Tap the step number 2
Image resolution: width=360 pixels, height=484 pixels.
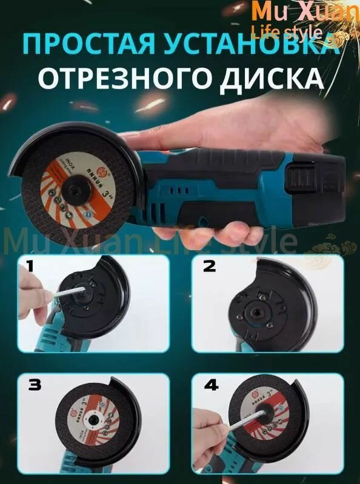pos(208,267)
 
